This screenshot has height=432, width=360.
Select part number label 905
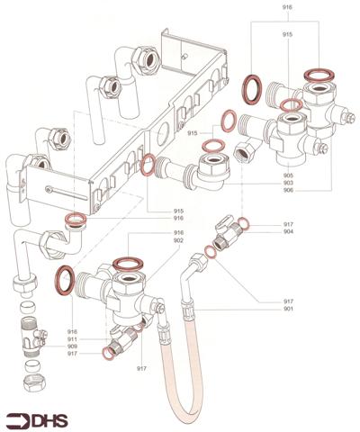pyautogui.click(x=287, y=175)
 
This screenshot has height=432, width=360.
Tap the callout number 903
pyautogui.click(x=287, y=183)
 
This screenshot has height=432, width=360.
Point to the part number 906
pyautogui.click(x=287, y=190)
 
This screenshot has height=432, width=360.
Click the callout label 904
pyautogui.click(x=287, y=230)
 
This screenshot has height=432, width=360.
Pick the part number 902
pyautogui.click(x=179, y=240)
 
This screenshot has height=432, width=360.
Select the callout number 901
pyautogui.click(x=287, y=308)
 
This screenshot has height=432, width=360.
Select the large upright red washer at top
pyautogui.click(x=255, y=90)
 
